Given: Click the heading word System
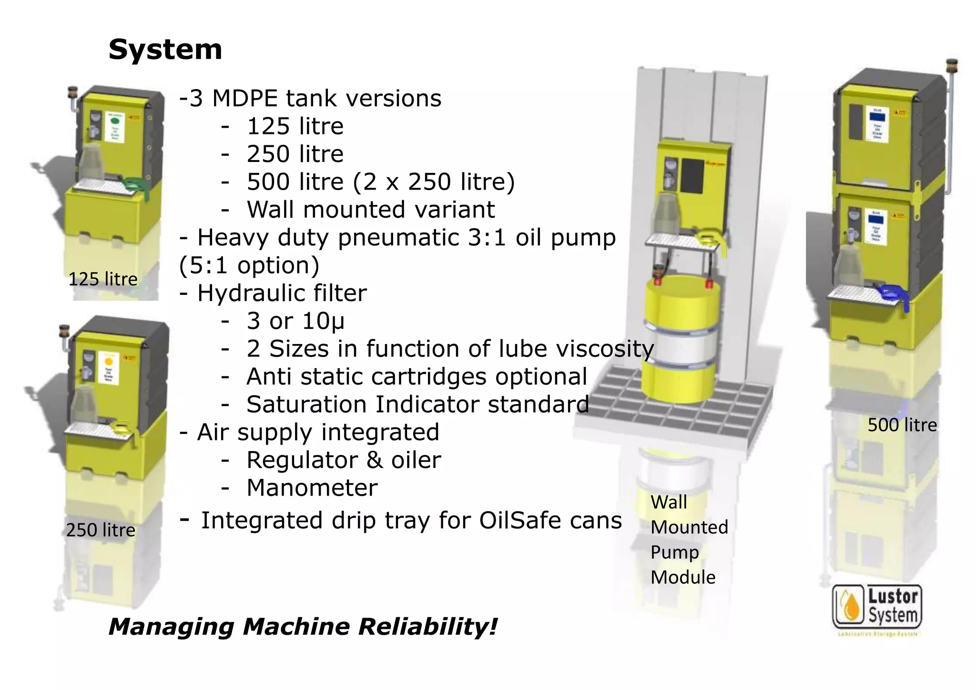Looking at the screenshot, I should tap(165, 50).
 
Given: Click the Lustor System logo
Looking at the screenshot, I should tap(877, 607).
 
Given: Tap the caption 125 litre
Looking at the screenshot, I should tap(102, 279).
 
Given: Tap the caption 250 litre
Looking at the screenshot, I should tap(101, 530).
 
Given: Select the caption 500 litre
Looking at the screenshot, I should tap(902, 425).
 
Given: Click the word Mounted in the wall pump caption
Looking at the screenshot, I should tap(689, 528).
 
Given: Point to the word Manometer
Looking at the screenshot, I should tap(312, 488).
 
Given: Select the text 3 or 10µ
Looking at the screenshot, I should tap(295, 321).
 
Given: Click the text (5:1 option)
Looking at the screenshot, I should tap(249, 265).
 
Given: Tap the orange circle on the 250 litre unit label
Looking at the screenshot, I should tap(109, 360).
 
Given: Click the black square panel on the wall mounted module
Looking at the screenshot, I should tap(692, 176).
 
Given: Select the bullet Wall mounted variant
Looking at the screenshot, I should tap(370, 210).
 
